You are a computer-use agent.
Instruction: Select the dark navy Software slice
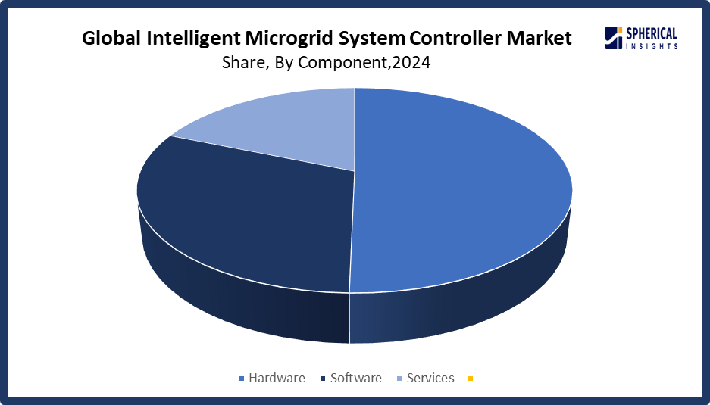(242, 220)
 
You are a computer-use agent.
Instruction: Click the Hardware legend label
(277, 378)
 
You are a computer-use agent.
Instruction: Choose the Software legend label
(355, 378)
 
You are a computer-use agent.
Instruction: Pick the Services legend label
(430, 378)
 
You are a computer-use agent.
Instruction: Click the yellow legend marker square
(471, 379)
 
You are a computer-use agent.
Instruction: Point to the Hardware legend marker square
(242, 379)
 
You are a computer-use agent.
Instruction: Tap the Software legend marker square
(324, 379)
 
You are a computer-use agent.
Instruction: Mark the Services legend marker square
(400, 379)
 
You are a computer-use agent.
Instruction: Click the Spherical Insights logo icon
(613, 38)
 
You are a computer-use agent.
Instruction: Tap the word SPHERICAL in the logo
(651, 33)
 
